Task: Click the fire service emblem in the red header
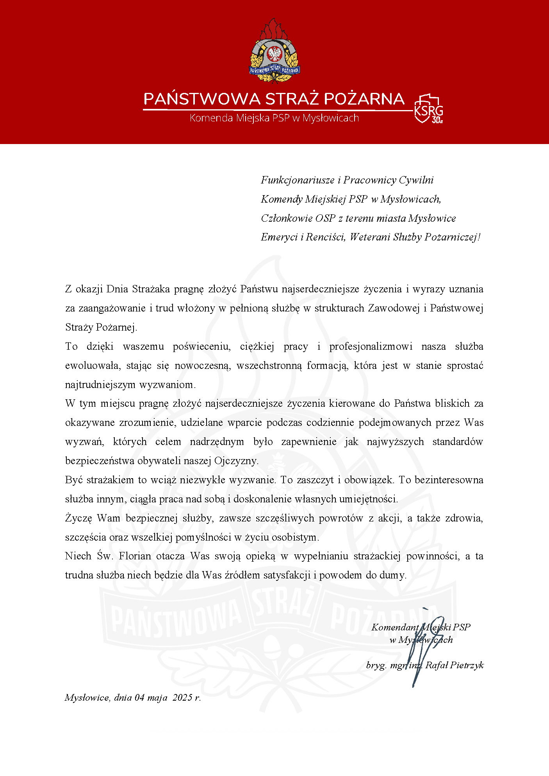tap(274, 51)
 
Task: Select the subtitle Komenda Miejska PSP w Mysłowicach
tap(274, 118)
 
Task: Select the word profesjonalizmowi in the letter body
tap(371, 347)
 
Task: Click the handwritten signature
tap(426, 648)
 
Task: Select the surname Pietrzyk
tap(467, 665)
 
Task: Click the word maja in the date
tap(157, 698)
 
